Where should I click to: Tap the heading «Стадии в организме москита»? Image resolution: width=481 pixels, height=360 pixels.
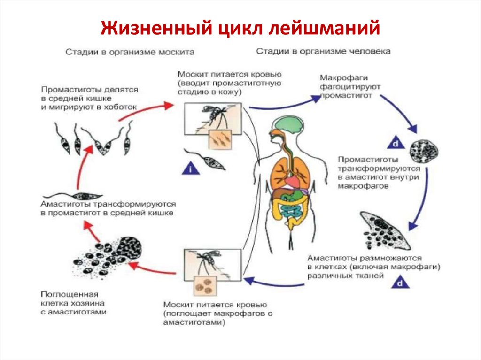[129, 51]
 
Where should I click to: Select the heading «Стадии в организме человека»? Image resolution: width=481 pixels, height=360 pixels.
[323, 51]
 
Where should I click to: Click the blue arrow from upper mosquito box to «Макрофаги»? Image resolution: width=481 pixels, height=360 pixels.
[282, 103]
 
